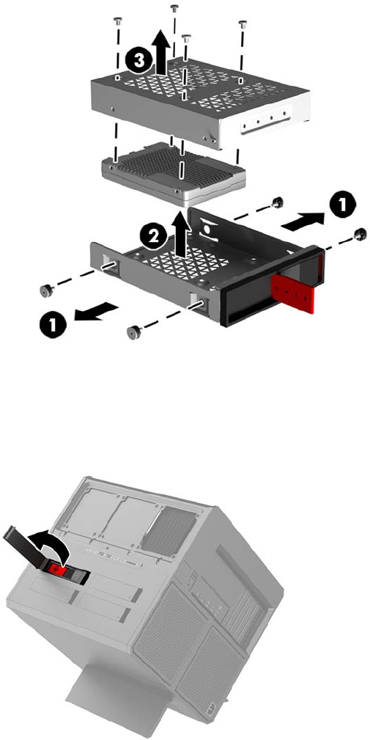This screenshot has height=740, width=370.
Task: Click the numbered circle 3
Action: click(x=138, y=61)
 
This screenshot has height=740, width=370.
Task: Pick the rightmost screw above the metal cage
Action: click(x=243, y=23)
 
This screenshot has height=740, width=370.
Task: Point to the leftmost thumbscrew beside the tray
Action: click(x=45, y=291)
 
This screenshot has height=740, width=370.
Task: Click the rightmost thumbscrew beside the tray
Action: click(x=360, y=232)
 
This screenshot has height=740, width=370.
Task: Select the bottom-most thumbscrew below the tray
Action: click(x=133, y=332)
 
